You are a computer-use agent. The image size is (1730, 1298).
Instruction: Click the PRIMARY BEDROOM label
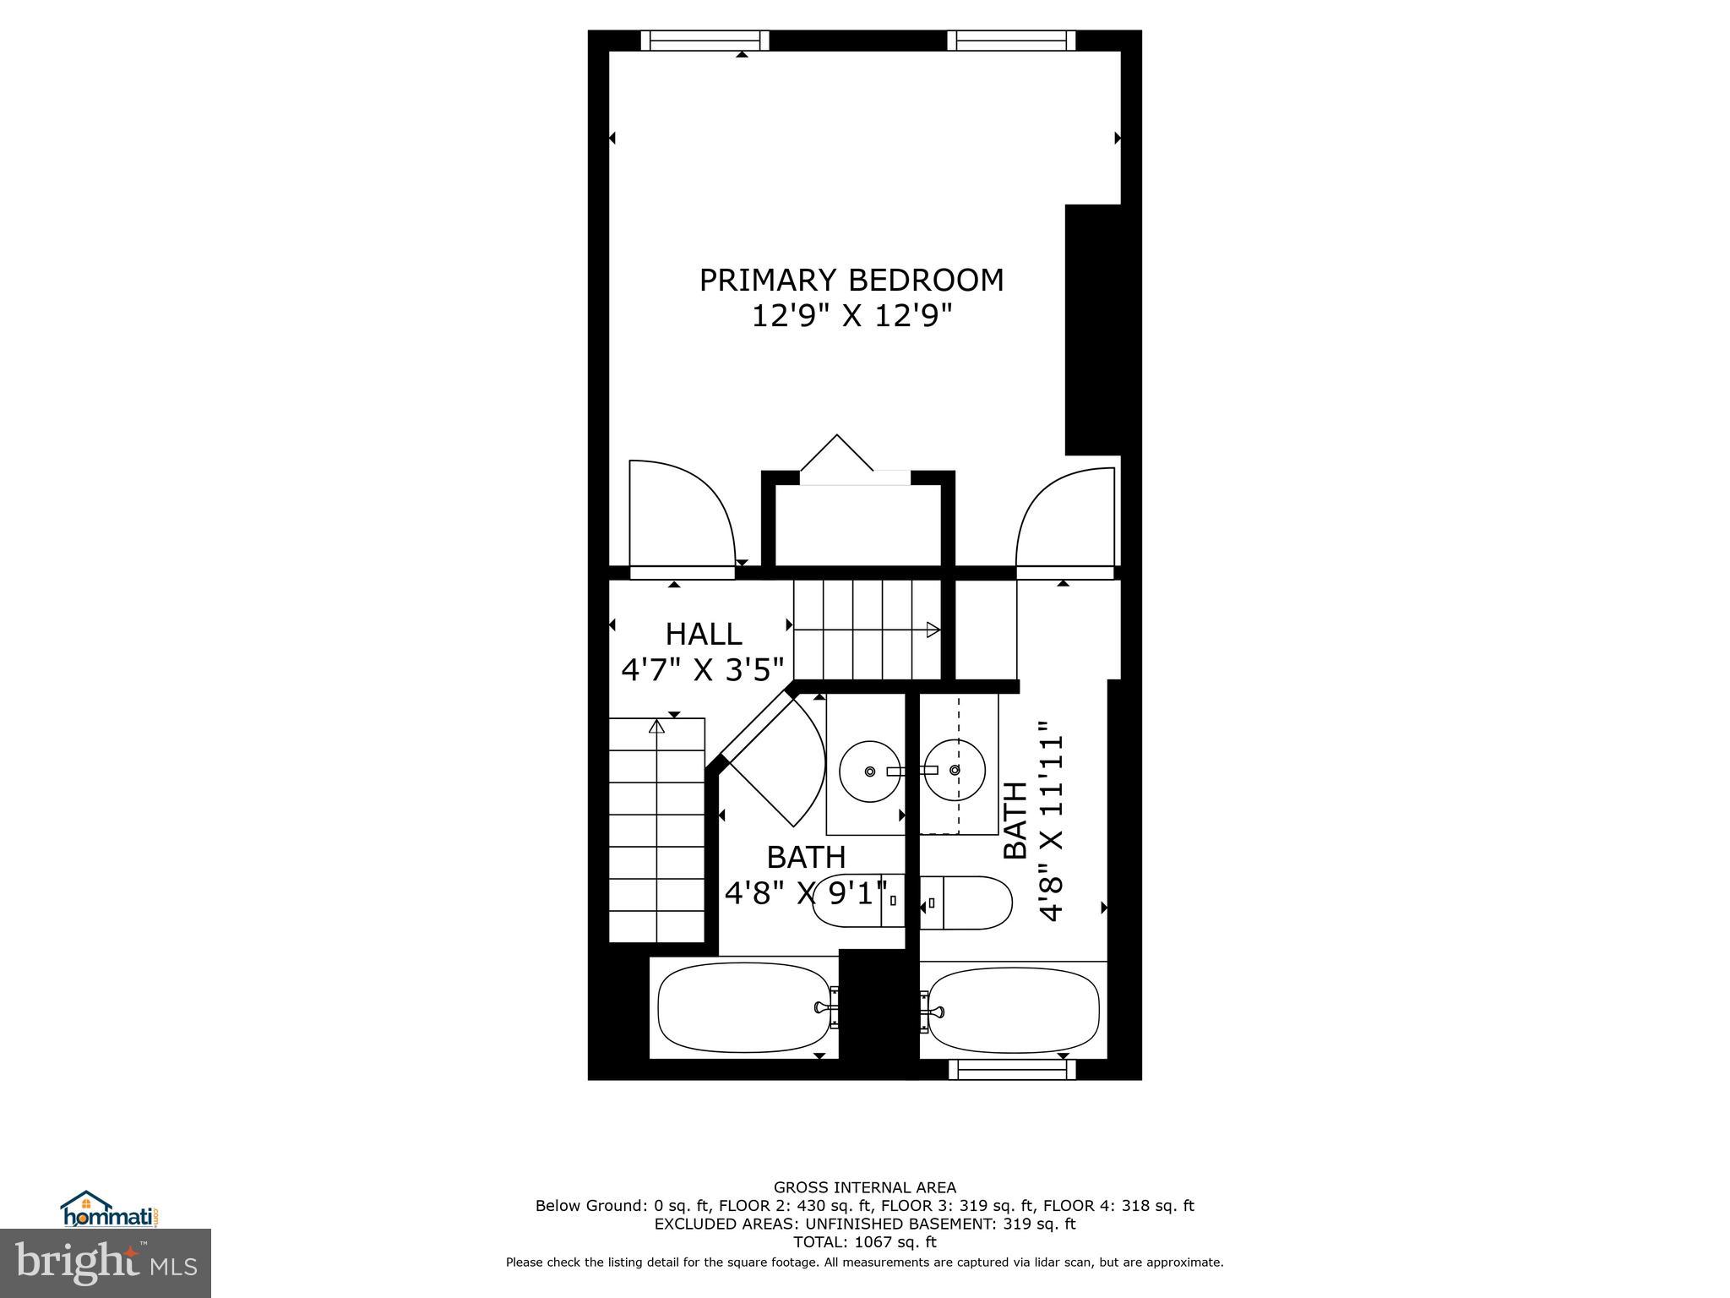pos(851,280)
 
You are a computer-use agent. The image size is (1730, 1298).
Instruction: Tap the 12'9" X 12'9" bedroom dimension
pos(851,317)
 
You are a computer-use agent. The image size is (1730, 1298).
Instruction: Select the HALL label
pos(703,634)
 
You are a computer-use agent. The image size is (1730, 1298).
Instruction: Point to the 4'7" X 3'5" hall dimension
pos(703,670)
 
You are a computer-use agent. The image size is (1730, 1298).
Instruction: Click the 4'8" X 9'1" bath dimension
pos(807,893)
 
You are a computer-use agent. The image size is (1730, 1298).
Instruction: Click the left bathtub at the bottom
pos(744,1007)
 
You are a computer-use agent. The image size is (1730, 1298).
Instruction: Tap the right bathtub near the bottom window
pos(1015,1009)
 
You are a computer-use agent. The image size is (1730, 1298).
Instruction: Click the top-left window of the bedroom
pos(705,41)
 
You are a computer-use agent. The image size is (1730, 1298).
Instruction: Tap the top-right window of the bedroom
pos(1011,41)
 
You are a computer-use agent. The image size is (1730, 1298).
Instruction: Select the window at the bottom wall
pos(1012,1070)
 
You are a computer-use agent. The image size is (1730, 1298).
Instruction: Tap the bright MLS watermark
pos(106,1263)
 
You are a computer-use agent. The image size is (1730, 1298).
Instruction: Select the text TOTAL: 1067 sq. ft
pos(864,1242)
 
